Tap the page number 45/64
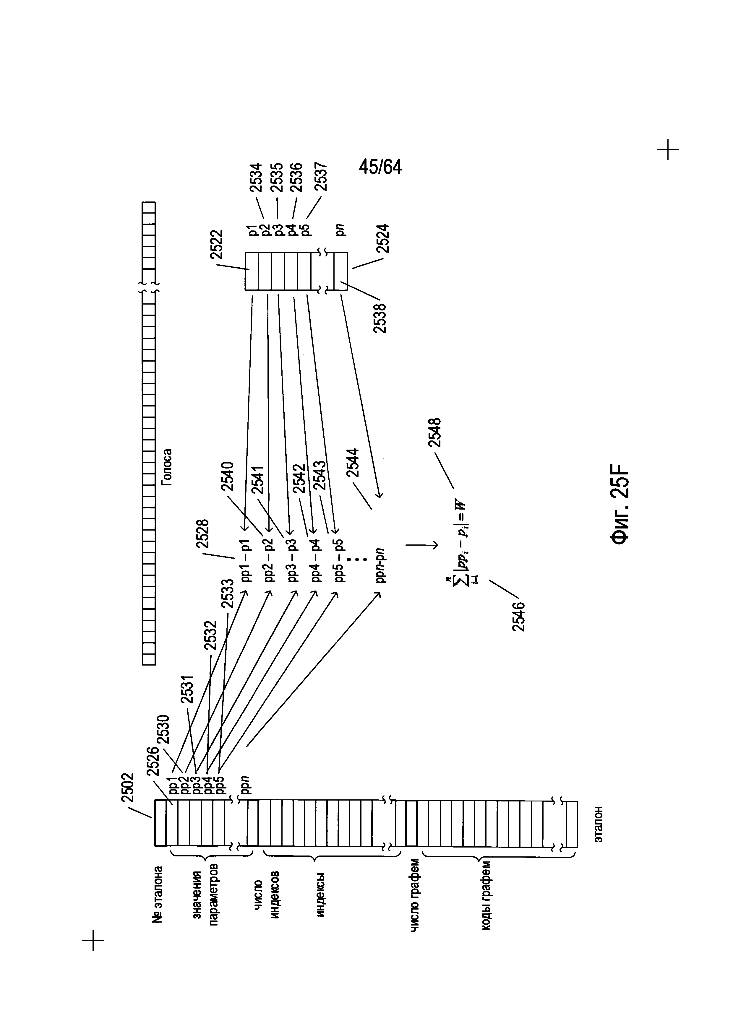(x=380, y=167)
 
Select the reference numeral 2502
(x=128, y=788)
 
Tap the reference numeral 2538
(x=380, y=318)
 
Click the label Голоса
(x=168, y=467)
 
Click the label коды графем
(x=486, y=898)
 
